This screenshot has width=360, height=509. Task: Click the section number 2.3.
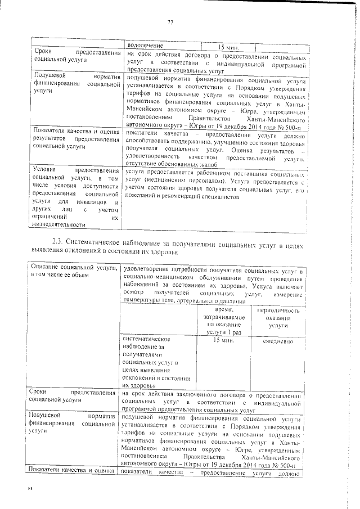pyautogui.click(x=56, y=242)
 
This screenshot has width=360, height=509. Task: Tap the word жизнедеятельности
pyautogui.click(x=58, y=225)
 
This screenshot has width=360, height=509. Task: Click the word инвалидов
pyautogui.click(x=102, y=201)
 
